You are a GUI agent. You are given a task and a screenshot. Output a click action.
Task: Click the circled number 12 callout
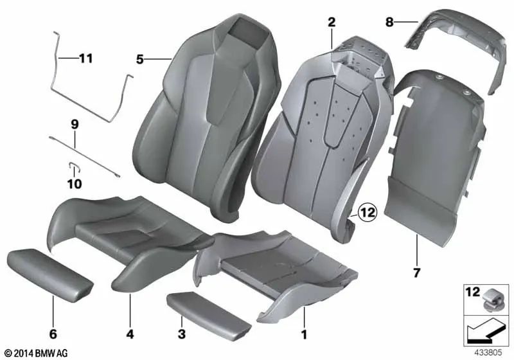tap(367, 213)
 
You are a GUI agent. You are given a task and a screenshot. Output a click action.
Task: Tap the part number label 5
tap(140, 60)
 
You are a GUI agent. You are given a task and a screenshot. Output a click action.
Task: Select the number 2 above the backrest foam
tap(332, 22)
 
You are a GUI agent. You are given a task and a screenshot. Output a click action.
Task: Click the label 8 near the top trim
tap(389, 22)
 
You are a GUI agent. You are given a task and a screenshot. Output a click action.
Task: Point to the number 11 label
tap(86, 59)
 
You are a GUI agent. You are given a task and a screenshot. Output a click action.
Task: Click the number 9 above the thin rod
tap(75, 125)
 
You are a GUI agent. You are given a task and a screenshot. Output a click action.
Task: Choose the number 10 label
tap(75, 184)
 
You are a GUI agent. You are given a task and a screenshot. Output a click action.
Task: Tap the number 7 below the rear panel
tap(416, 273)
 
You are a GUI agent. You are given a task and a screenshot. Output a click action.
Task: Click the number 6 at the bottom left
tap(53, 334)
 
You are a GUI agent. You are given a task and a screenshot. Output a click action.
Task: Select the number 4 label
tap(130, 334)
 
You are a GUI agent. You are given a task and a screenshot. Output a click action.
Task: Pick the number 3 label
tap(182, 334)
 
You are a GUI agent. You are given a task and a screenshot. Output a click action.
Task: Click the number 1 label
tap(304, 334)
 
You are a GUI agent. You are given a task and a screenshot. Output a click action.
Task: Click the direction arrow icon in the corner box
tap(485, 332)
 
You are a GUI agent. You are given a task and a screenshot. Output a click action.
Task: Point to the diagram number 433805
tap(488, 352)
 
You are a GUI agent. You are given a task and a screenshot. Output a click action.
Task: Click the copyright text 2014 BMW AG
tap(37, 353)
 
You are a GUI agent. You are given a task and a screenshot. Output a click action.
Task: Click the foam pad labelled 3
tap(209, 313)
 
